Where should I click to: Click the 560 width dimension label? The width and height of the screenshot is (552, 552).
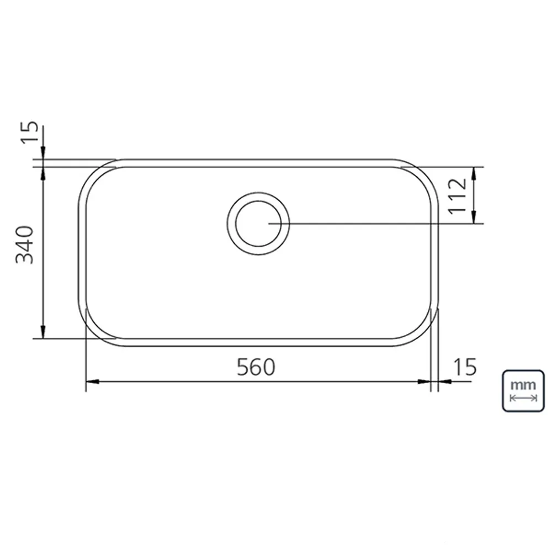(256, 367)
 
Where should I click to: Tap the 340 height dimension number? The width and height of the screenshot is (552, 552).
(25, 245)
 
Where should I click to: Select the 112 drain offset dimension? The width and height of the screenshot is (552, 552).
(457, 196)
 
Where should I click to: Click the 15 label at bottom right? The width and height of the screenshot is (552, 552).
(465, 367)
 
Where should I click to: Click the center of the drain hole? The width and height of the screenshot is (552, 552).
(258, 224)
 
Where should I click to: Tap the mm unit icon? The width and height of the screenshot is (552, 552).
(523, 390)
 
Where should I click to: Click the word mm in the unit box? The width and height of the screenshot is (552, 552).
(523, 385)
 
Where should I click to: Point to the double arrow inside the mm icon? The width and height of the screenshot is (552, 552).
(523, 398)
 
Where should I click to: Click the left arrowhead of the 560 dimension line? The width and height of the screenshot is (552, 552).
(92, 381)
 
